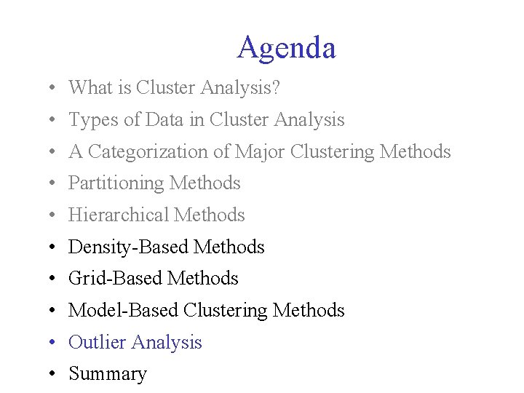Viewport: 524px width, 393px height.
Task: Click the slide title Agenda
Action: coord(286,48)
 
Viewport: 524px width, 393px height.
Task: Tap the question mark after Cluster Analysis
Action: coord(276,88)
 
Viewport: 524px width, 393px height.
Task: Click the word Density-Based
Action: coord(128,247)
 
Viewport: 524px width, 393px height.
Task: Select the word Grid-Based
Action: coord(115,279)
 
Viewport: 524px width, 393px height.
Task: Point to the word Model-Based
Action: coord(123,311)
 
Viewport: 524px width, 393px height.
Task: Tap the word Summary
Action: coord(107,374)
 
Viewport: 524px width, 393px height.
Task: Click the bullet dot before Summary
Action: coord(54,375)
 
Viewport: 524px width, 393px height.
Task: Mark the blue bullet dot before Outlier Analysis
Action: coord(54,343)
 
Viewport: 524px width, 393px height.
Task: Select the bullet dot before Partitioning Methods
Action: coord(54,184)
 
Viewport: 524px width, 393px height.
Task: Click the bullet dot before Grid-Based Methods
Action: coord(54,279)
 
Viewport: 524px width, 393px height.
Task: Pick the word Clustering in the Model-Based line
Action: coord(226,311)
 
